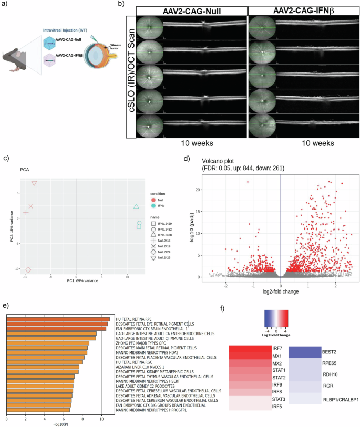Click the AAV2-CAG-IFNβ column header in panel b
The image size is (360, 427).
[300, 11]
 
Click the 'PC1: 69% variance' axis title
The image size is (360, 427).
[77, 281]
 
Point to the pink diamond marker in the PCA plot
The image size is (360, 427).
[28, 270]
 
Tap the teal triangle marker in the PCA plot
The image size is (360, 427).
[136, 207]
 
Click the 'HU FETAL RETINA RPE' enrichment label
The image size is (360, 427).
[129, 319]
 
